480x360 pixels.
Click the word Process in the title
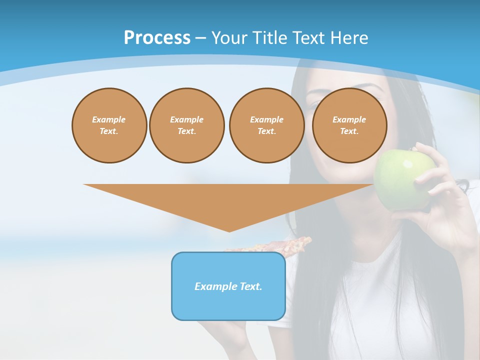157,38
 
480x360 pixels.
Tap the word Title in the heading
268,38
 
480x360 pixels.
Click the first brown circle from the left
109,125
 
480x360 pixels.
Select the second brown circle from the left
186,125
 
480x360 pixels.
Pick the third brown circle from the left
266,125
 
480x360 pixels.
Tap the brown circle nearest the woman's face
349,125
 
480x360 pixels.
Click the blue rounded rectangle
228,286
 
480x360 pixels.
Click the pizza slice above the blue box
280,244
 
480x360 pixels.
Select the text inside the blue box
228,286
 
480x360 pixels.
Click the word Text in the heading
308,38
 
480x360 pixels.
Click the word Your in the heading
229,38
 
